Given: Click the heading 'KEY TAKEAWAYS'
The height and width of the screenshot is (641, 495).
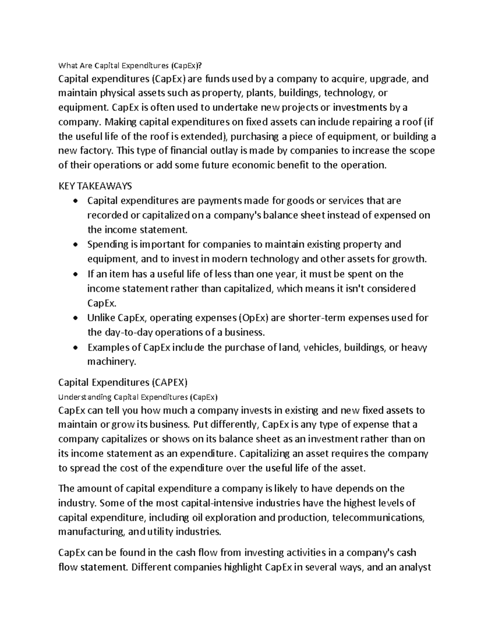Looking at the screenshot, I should click(x=95, y=186).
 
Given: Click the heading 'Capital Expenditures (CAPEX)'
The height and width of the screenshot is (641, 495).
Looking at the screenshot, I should click(x=123, y=383).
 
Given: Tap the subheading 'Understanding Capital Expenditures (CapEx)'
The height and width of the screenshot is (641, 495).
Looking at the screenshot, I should click(x=138, y=397).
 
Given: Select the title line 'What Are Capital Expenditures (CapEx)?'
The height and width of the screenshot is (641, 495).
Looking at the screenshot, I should click(x=131, y=65).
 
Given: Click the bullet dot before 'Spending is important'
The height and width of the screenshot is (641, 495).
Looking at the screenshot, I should click(x=74, y=245).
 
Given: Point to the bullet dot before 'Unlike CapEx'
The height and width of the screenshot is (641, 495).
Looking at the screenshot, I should click(x=74, y=318).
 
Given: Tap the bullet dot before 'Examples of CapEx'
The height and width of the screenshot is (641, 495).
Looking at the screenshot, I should click(x=74, y=348).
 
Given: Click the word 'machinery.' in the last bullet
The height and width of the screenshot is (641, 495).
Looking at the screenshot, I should click(x=111, y=362).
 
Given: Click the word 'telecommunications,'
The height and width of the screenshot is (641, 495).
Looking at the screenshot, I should click(x=378, y=518).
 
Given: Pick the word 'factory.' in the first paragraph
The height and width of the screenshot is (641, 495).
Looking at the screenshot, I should click(x=95, y=151).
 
